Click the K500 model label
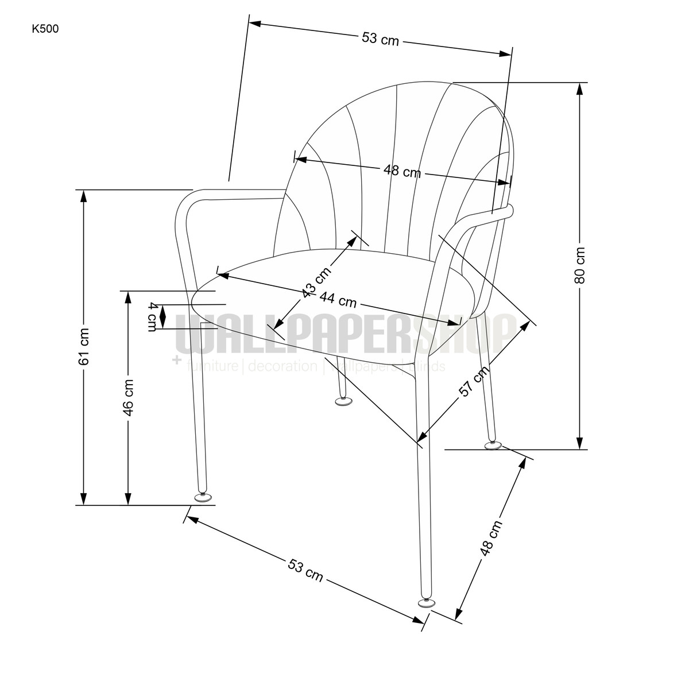tap(45, 29)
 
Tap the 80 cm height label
tap(579, 265)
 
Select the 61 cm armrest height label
tap(84, 346)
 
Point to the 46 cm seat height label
tap(128, 397)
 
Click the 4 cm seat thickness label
tap(153, 317)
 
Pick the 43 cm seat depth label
tap(316, 282)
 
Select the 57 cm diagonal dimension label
tap(474, 381)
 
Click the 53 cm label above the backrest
tap(380, 38)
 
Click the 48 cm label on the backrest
tap(402, 171)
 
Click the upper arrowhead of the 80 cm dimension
tap(579, 90)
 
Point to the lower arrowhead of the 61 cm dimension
tap(84, 498)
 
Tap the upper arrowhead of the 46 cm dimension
tap(128, 297)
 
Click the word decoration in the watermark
tap(282, 366)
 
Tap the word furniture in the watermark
tap(212, 366)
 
